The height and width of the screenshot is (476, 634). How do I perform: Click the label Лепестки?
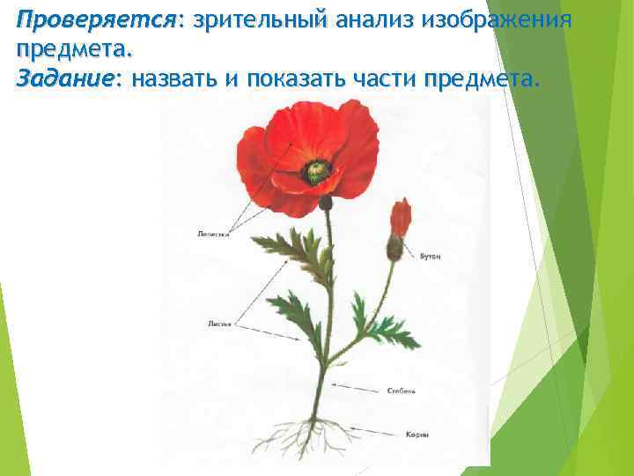(x=214, y=234)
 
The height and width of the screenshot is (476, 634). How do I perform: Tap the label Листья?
(x=219, y=324)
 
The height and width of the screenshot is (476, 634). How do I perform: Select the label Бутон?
(x=431, y=256)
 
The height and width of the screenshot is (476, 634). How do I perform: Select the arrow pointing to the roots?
(x=361, y=432)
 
